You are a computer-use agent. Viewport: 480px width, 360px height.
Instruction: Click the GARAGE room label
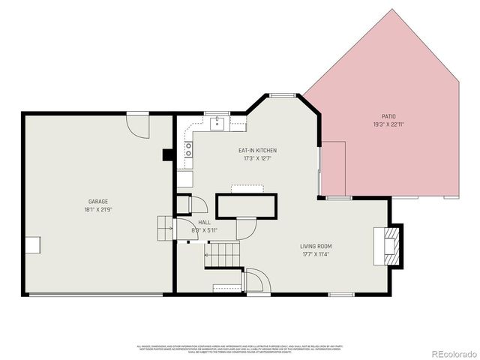point(98,202)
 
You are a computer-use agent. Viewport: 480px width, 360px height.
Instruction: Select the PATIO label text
point(388,116)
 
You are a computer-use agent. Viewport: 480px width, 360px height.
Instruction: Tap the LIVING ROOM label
point(316,246)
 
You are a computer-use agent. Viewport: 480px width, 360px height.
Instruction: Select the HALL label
point(204,223)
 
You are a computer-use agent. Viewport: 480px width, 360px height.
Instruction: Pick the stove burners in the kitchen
point(188,149)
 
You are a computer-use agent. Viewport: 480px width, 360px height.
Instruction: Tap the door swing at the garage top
point(138,124)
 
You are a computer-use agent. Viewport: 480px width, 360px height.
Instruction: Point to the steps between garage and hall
point(165,228)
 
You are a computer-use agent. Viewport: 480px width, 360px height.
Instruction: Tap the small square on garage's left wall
point(34,245)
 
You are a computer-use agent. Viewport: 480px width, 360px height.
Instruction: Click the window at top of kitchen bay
point(282,95)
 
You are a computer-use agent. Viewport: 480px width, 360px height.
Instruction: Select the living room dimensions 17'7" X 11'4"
point(316,253)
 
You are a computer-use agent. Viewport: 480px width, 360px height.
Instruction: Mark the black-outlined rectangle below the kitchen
point(246,205)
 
